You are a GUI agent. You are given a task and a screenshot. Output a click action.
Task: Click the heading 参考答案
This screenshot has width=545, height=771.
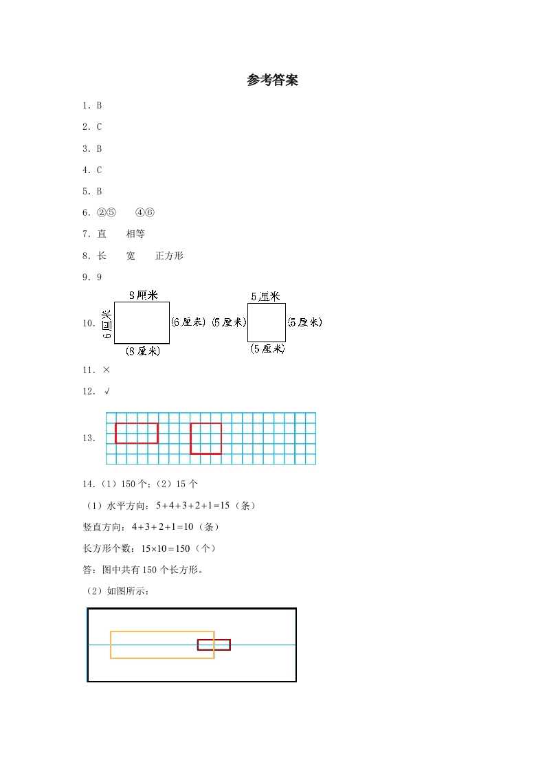click(x=272, y=80)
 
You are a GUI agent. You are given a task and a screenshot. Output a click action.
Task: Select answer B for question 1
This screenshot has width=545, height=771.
click(x=99, y=106)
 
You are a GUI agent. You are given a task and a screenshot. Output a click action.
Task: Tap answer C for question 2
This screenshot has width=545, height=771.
click(x=99, y=127)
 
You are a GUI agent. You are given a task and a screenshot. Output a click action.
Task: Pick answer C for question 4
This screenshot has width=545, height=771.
click(x=99, y=170)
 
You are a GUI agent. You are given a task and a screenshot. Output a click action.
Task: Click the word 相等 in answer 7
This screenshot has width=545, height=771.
click(x=135, y=234)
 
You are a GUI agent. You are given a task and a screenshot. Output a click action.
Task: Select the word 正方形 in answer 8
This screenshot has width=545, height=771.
click(x=169, y=256)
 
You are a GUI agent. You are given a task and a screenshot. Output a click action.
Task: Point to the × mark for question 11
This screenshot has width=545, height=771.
click(x=106, y=370)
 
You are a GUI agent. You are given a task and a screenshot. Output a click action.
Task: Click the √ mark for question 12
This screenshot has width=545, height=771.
click(x=107, y=391)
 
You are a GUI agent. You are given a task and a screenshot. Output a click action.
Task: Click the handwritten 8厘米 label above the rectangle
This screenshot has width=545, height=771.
click(x=144, y=295)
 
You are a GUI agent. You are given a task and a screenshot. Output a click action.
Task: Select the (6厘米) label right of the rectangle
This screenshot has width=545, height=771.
click(x=188, y=322)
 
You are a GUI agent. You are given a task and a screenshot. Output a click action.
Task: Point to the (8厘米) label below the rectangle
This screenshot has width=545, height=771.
click(x=143, y=351)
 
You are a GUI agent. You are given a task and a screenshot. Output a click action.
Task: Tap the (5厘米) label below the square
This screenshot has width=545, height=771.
click(x=267, y=349)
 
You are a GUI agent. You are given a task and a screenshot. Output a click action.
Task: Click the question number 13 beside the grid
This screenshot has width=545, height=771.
click(x=89, y=438)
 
